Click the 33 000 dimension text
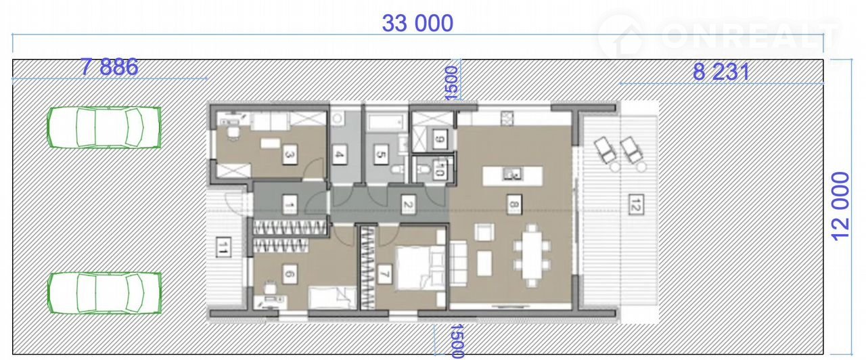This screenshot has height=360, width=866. [x=417, y=23]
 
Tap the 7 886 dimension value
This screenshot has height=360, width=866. [x=110, y=67]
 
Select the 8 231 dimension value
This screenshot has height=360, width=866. [x=721, y=72]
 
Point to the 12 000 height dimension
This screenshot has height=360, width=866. [x=840, y=206]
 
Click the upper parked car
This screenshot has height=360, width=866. [x=104, y=127]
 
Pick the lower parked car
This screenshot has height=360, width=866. [x=104, y=293]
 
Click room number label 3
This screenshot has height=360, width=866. [x=290, y=155]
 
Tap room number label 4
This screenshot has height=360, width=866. [x=339, y=155]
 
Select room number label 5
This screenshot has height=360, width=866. [x=381, y=155]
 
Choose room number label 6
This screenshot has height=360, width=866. [x=290, y=274]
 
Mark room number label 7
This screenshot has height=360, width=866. [x=384, y=274]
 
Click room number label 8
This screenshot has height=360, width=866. [x=514, y=204]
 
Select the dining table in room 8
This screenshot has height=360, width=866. [x=532, y=255]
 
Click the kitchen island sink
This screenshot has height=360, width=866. [x=513, y=175]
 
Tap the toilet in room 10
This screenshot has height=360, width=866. [x=424, y=169]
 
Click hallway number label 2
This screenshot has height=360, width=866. [x=408, y=204]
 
